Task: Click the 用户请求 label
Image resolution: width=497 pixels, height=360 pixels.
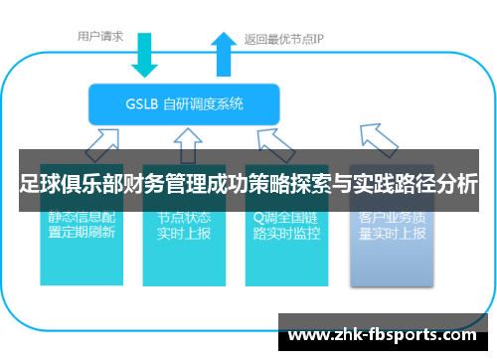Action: tap(101, 37)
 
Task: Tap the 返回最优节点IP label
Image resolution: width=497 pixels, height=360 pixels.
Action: tap(284, 40)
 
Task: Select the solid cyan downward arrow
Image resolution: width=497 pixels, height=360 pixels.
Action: tap(146, 55)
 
